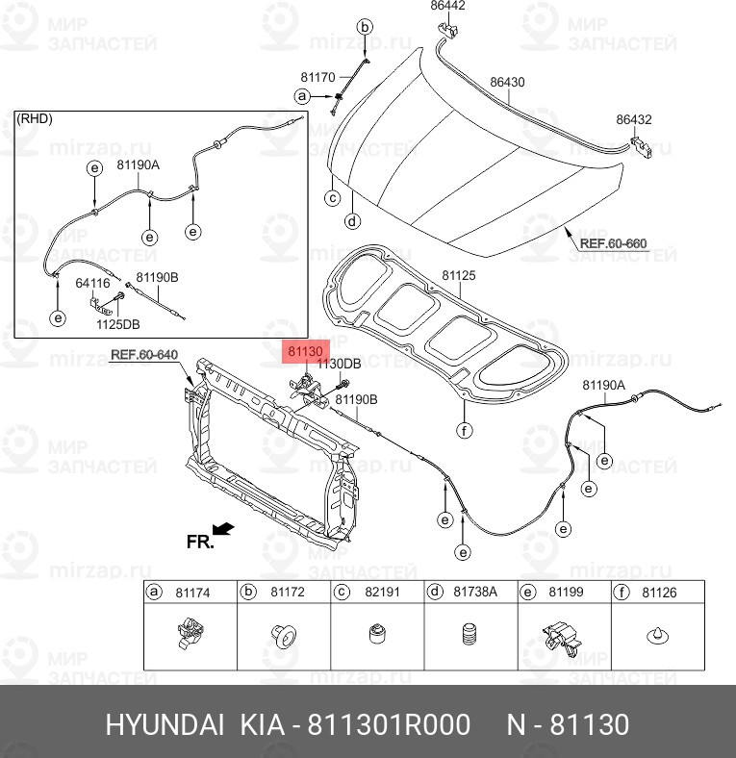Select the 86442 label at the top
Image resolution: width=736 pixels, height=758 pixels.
click(x=447, y=6)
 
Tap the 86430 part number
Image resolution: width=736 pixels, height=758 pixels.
click(x=507, y=83)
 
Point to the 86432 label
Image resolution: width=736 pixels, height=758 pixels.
click(x=634, y=120)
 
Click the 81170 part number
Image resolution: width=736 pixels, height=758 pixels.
click(x=317, y=77)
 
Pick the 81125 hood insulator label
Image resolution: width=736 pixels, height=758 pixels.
click(x=459, y=276)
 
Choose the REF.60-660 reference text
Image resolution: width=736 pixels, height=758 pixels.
click(x=613, y=243)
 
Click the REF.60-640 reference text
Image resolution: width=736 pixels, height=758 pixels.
click(x=144, y=354)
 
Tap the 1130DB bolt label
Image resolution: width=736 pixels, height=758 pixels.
click(x=340, y=364)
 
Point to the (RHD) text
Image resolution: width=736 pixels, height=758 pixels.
click(x=35, y=118)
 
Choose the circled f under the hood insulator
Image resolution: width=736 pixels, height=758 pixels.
click(x=464, y=430)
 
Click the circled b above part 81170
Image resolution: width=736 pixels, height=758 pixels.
click(x=365, y=28)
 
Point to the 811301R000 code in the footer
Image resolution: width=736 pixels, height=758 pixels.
click(x=388, y=724)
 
